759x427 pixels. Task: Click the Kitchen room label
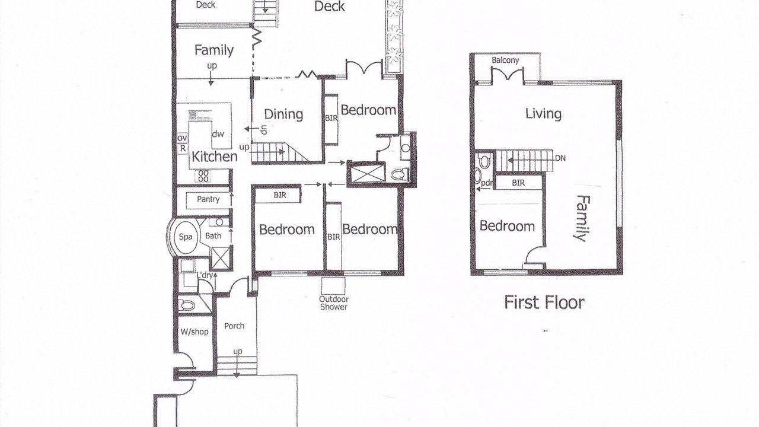click(x=215, y=157)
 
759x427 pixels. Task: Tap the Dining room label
click(x=283, y=114)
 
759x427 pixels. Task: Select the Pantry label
click(x=208, y=199)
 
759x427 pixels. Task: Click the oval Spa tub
click(x=186, y=237)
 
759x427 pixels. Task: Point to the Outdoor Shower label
click(x=334, y=303)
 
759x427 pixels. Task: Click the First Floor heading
click(x=544, y=302)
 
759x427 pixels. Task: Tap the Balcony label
click(x=505, y=60)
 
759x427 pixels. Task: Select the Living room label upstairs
click(x=543, y=114)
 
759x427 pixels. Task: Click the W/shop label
click(x=194, y=332)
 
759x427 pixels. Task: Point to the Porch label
click(x=234, y=326)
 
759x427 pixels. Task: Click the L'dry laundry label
click(x=205, y=275)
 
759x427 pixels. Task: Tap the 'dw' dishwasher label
click(x=218, y=134)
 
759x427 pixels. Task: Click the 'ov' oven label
click(x=182, y=138)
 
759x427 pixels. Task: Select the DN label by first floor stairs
click(x=560, y=158)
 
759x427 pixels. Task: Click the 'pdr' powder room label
click(x=486, y=183)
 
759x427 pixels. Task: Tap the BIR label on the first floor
click(x=518, y=183)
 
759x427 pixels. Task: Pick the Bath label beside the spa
click(x=213, y=236)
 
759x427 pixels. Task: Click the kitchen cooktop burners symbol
click(x=203, y=176)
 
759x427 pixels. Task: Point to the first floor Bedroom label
click(x=507, y=226)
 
